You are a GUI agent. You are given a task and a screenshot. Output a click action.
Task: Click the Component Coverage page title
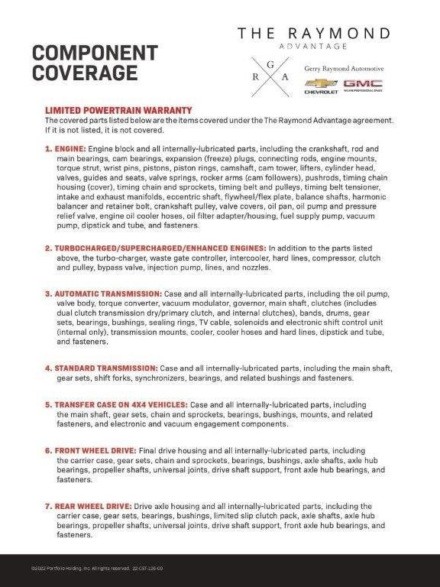[95, 63]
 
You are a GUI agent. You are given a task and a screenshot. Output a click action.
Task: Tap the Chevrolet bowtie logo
[321, 83]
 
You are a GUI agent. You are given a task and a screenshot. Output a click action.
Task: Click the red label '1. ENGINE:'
[66, 148]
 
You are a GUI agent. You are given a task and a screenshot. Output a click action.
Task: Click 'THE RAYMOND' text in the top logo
[313, 34]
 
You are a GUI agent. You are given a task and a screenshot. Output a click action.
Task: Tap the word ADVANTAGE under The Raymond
[313, 47]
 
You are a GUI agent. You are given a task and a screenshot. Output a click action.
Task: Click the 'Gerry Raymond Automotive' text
[344, 68]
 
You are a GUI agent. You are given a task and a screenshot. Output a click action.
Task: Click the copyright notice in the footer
[97, 568]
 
